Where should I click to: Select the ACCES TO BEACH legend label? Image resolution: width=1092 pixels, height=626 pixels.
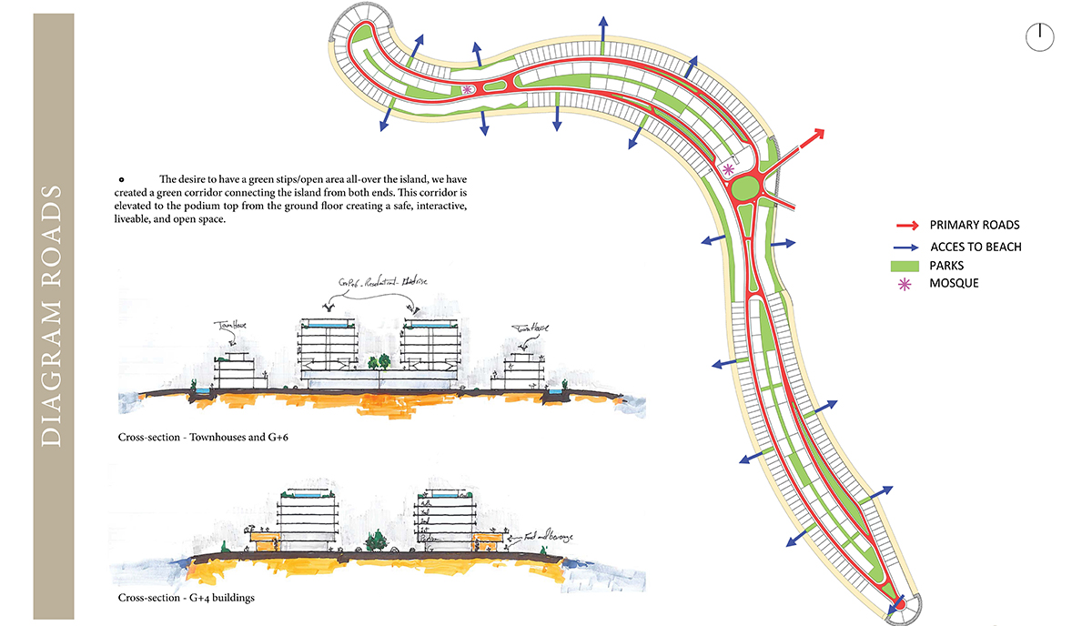[976, 247]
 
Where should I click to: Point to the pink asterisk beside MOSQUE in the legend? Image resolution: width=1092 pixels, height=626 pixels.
[906, 284]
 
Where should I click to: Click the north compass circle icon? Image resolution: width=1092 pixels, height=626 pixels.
[1039, 37]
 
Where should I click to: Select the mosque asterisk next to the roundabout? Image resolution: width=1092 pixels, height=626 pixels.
[727, 169]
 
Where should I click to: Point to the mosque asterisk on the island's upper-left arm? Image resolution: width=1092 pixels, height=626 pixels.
[467, 89]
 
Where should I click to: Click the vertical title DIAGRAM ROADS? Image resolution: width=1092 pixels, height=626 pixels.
[52, 314]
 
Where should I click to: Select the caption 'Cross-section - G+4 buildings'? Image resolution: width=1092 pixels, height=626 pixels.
[186, 598]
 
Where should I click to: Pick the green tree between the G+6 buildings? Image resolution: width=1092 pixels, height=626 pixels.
[382, 361]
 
